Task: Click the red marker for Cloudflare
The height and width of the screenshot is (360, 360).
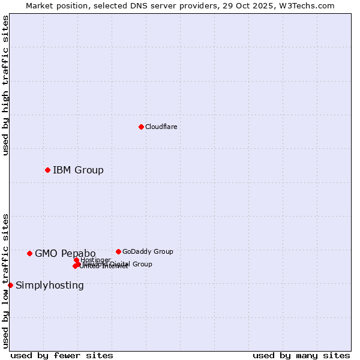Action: click(141, 127)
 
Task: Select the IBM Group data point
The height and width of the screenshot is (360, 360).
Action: click(47, 170)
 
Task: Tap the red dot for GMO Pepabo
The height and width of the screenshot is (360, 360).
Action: click(29, 253)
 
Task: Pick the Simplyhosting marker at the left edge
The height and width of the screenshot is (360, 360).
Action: click(10, 285)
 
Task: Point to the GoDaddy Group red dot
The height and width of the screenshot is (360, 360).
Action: click(118, 251)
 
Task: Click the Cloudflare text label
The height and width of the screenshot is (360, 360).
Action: click(161, 127)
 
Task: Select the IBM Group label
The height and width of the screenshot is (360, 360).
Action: click(78, 170)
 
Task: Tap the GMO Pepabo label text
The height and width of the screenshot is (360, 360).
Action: click(65, 253)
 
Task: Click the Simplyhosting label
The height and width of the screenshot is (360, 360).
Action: click(50, 285)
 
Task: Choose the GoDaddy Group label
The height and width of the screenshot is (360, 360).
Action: click(148, 251)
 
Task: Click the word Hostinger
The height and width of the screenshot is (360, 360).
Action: click(95, 260)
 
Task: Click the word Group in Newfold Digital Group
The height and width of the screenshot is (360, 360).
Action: click(142, 264)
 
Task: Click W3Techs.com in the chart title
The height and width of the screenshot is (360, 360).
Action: click(309, 5)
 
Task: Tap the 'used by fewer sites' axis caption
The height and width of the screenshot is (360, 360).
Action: click(62, 355)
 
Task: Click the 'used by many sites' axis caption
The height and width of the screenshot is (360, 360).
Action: click(301, 355)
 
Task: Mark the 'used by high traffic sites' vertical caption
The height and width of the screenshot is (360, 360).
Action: click(5, 85)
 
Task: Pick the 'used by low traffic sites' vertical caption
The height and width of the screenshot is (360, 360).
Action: click(5, 281)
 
